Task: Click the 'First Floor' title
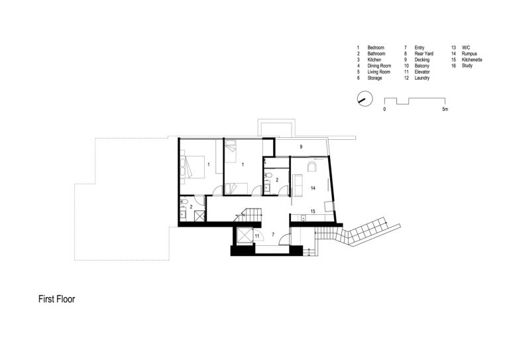coord(56,299)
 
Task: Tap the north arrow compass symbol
coord(365,99)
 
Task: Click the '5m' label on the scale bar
coord(445,109)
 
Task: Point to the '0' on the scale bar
coord(384,109)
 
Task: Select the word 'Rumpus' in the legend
coord(469,54)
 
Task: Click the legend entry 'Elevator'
coord(422,72)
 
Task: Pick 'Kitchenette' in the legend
coord(472,60)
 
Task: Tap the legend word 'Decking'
coord(422,60)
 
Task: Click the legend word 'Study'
coord(467,66)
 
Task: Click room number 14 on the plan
coord(313,188)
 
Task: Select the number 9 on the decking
coord(301,147)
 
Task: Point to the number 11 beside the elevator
coord(257,236)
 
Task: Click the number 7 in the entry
coord(273,235)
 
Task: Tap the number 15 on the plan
coord(313,211)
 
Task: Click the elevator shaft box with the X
coord(245,235)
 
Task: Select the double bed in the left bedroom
coord(192,167)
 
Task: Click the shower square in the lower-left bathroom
coord(199,216)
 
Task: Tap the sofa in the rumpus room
coord(298,184)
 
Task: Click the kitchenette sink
coord(303,218)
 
